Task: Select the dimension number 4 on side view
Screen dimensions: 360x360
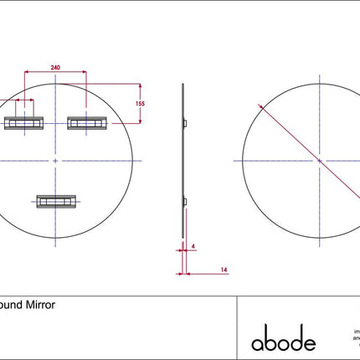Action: [193, 246]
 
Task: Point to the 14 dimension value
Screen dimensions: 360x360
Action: [224, 270]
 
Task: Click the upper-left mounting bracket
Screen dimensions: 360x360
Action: [24, 124]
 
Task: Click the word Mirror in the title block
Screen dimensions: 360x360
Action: [40, 306]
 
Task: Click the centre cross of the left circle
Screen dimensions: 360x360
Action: [55, 159]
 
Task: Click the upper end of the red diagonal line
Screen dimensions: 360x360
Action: [262, 106]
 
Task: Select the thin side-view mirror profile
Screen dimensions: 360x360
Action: [181, 159]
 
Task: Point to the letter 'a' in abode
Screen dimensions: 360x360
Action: [257, 343]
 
